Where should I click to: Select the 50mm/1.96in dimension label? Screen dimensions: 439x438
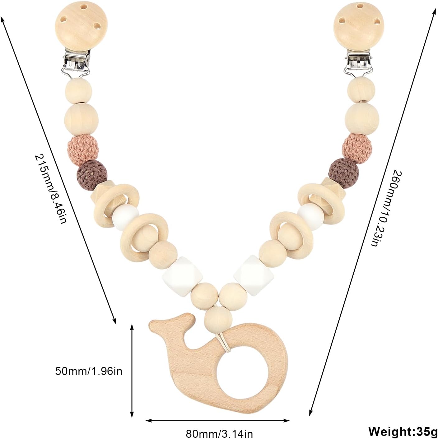click(89, 371)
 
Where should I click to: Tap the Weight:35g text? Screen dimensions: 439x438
click(402, 431)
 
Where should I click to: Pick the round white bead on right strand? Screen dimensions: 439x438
click(310, 216)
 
